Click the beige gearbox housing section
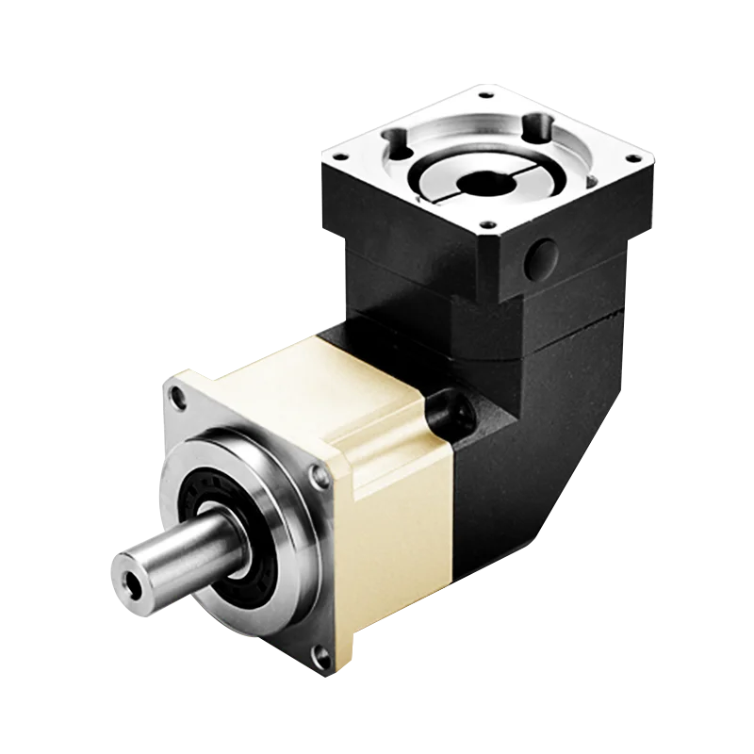tap(377, 424)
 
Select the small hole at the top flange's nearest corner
tap(486, 225)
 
